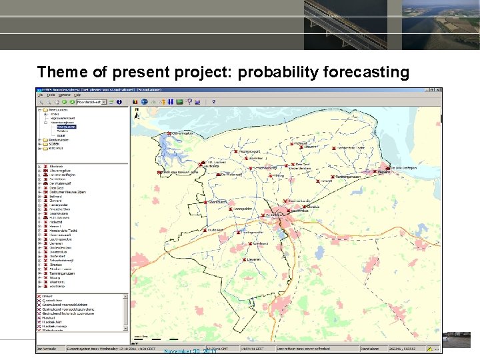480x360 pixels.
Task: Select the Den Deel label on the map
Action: click(x=302, y=164)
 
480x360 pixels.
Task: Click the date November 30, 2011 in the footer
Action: click(x=191, y=351)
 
